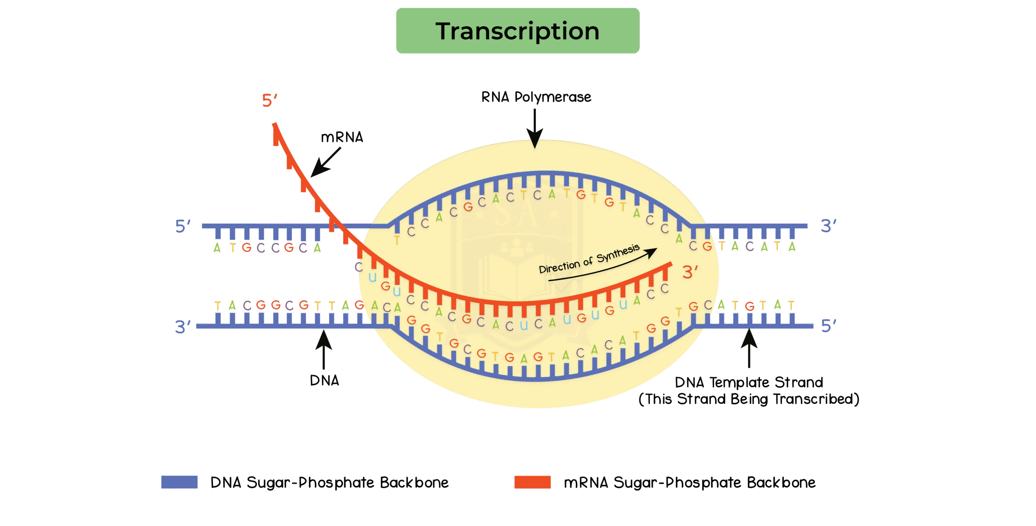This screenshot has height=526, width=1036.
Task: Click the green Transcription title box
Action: pos(518,31)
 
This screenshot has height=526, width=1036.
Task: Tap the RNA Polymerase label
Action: pos(536,97)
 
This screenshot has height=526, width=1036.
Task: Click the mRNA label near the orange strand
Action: pos(342,138)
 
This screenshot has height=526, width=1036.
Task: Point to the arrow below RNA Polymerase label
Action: pos(535,127)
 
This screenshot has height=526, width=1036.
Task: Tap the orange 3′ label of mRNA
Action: pos(690,272)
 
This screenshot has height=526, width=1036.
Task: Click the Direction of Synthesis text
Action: pos(589,259)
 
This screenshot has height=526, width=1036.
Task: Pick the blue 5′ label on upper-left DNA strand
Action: pos(183,226)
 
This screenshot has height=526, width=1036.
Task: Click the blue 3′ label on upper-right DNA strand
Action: pos(828,226)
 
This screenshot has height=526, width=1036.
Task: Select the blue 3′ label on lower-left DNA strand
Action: pos(183,327)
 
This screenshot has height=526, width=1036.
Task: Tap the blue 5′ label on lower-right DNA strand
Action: pos(828,325)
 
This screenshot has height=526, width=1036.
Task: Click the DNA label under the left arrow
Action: pos(325,380)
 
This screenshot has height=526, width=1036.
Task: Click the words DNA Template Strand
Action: pos(749,382)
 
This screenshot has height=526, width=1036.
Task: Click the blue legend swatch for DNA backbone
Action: pos(179,482)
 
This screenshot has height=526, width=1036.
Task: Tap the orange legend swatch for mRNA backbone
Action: pos(532,482)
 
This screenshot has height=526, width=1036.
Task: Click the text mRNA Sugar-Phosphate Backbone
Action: pos(690,483)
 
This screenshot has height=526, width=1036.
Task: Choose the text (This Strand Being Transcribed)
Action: pos(749,399)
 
